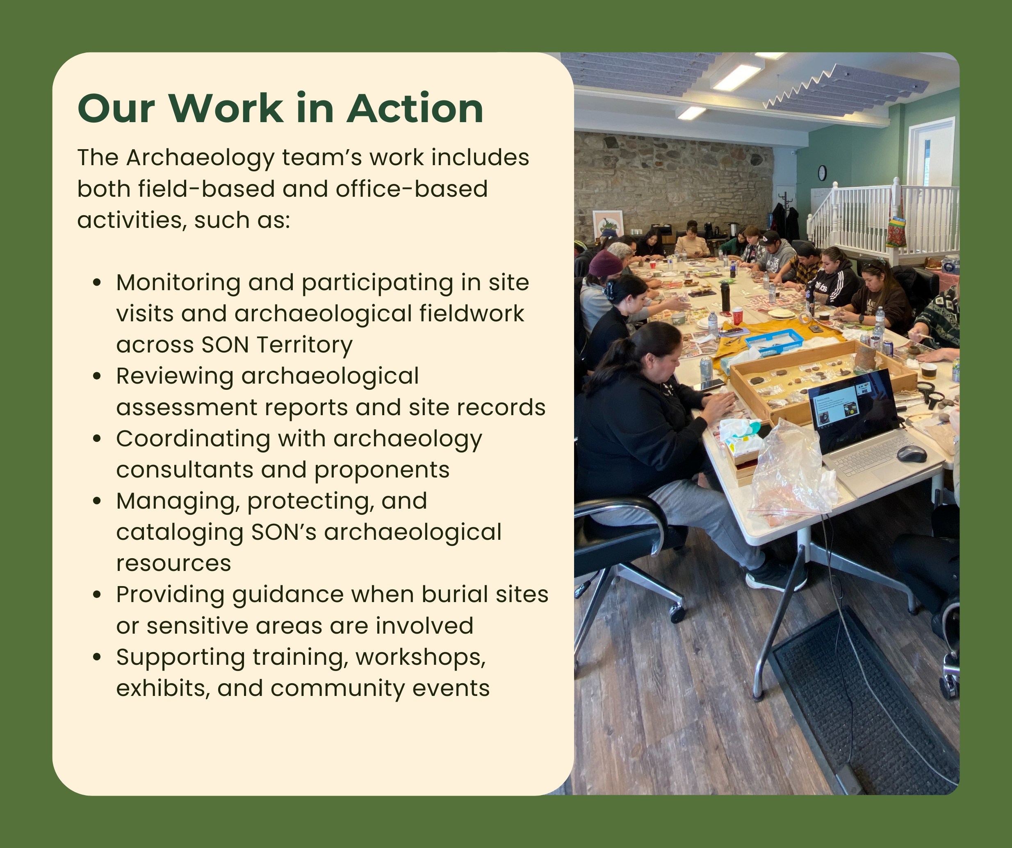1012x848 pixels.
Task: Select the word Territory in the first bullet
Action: point(305,345)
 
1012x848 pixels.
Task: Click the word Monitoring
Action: point(178,283)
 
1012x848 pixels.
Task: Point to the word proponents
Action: point(382,470)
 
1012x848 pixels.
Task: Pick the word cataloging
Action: point(179,532)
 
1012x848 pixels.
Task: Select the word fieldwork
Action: point(471,313)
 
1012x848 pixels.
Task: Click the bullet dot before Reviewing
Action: point(97,376)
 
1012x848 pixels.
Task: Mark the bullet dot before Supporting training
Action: point(97,657)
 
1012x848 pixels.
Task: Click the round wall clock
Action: point(822,173)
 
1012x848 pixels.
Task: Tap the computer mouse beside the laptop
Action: point(912,454)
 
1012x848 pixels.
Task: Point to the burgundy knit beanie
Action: point(606,264)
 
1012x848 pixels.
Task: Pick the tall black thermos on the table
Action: point(725,297)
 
